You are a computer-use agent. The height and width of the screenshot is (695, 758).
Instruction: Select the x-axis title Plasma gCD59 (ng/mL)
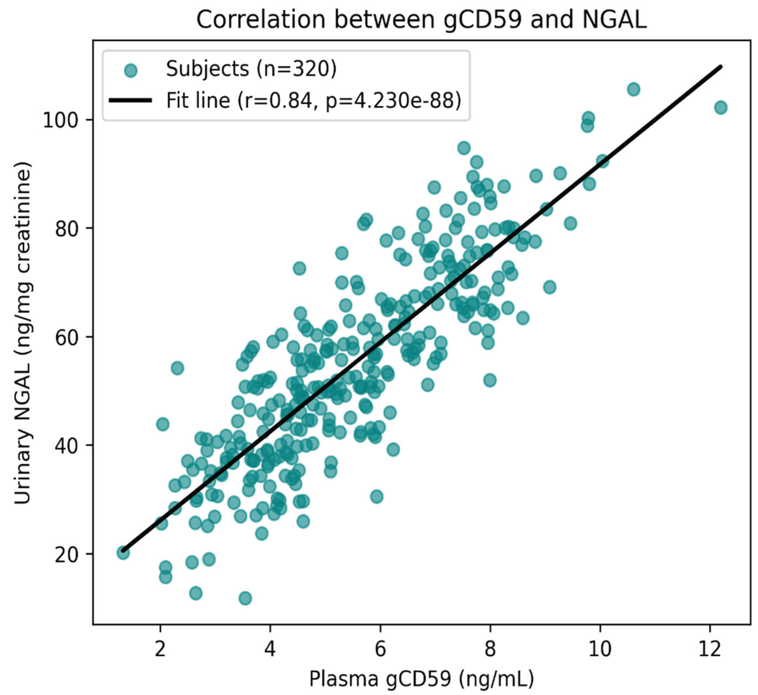tap(421, 679)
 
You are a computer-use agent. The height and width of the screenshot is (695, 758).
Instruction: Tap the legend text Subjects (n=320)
tap(251, 69)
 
